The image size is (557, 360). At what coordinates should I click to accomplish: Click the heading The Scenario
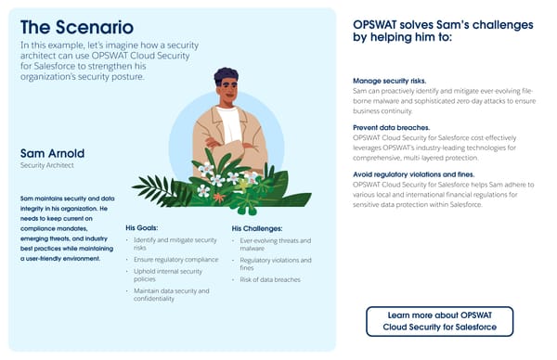click(x=76, y=27)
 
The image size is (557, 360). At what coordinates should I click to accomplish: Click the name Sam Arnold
click(x=53, y=152)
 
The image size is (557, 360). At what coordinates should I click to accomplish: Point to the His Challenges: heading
click(x=257, y=227)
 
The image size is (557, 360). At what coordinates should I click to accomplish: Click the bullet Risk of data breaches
click(x=273, y=279)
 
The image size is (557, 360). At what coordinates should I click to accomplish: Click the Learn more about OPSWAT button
click(x=438, y=322)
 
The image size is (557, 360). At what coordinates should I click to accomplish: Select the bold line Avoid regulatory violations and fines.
click(x=414, y=174)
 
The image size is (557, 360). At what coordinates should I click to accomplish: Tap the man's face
click(x=227, y=92)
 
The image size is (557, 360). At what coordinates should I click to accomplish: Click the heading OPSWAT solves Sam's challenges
click(x=442, y=31)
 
